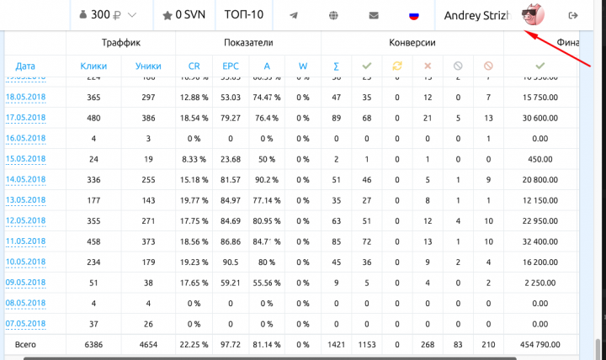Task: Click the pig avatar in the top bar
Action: click(x=531, y=15)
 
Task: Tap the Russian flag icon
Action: click(x=413, y=16)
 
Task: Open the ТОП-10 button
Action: click(x=242, y=15)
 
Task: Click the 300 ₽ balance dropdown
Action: click(x=108, y=15)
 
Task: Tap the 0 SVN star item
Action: click(x=184, y=15)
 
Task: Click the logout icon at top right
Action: click(x=574, y=15)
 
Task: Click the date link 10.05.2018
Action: click(x=25, y=262)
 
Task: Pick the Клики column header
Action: click(x=93, y=66)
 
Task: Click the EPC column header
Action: click(x=230, y=66)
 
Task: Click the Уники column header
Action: click(x=148, y=66)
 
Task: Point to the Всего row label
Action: click(x=25, y=344)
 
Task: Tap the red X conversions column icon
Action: click(x=428, y=66)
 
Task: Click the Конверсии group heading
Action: click(x=412, y=42)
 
